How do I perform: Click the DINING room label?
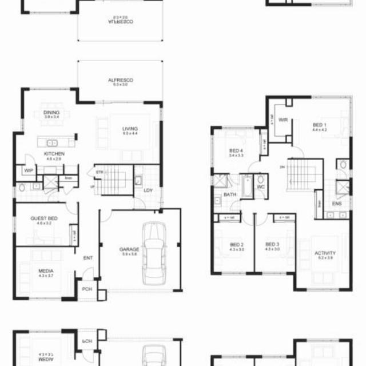(51, 113)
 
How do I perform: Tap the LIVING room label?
(130, 129)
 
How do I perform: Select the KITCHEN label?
(54, 154)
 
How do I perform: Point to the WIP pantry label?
(28, 170)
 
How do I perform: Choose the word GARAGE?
(129, 249)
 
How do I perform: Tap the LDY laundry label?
(148, 190)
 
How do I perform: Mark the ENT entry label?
(87, 258)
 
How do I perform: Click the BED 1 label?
(319, 125)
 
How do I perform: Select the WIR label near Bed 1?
(283, 120)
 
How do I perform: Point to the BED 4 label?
(236, 151)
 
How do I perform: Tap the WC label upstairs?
(260, 187)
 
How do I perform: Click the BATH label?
(230, 194)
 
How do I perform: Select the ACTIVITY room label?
(325, 253)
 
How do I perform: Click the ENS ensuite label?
(337, 203)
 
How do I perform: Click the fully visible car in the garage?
(153, 252)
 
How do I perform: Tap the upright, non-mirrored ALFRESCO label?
(120, 81)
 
